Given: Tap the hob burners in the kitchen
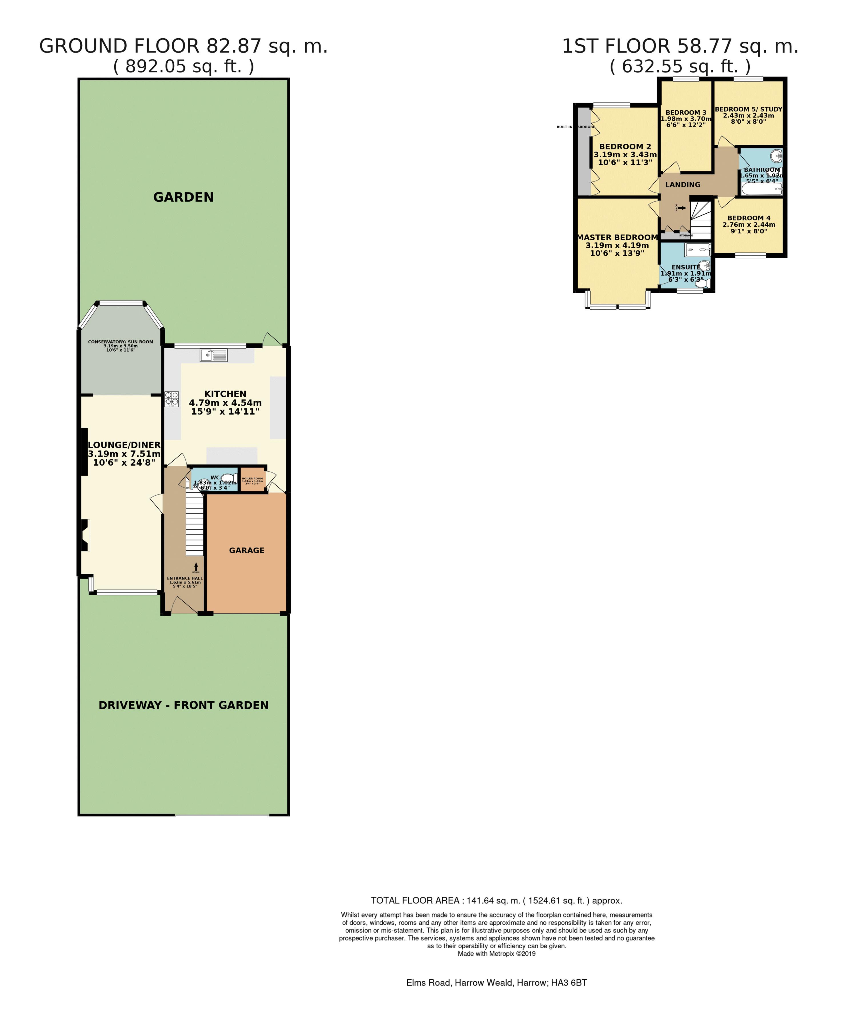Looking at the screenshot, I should click(171, 399).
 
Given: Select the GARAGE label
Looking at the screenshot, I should click(246, 550).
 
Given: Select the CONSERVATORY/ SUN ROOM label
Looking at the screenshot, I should click(121, 342).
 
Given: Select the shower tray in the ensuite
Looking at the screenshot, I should click(697, 250).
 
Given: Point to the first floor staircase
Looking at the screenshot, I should click(700, 215).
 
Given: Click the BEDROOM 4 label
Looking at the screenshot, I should click(748, 218).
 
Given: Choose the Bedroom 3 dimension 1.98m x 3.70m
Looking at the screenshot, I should click(686, 119).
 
